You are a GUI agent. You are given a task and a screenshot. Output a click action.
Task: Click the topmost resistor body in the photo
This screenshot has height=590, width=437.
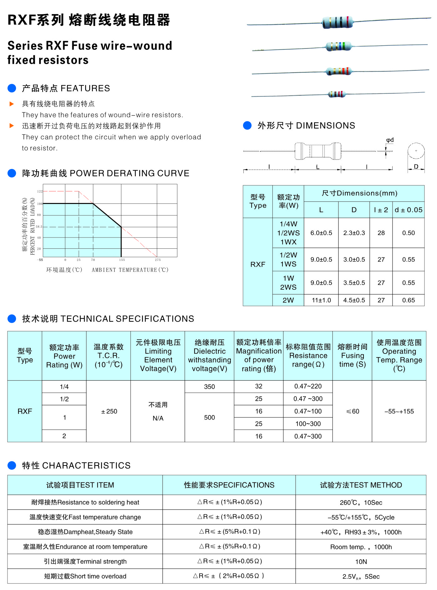(337, 23)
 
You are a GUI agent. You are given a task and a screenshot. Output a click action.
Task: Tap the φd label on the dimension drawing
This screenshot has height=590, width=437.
(390, 140)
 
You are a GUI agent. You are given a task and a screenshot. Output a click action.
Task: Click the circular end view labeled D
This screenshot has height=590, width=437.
(416, 151)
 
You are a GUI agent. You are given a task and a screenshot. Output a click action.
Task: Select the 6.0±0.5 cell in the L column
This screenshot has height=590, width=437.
(321, 233)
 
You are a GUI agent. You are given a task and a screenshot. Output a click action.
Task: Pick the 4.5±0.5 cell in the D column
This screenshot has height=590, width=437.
(354, 300)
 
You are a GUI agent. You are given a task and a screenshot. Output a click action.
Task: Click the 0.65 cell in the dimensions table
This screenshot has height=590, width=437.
(408, 300)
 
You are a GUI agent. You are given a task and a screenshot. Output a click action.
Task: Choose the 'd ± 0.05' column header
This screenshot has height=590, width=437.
(408, 210)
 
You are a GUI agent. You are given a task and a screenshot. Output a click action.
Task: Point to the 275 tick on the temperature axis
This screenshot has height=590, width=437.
(158, 260)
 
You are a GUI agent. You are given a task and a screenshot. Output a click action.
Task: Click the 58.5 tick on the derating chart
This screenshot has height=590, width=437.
(39, 227)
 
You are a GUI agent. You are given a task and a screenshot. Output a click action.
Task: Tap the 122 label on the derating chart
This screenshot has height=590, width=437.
(40, 191)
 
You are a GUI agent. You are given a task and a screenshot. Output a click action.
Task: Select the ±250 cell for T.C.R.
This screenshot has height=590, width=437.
(109, 411)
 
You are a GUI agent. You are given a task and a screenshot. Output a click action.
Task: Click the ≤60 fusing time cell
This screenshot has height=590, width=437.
(352, 411)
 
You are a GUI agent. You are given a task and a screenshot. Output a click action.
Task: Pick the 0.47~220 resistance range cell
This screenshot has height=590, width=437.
(308, 386)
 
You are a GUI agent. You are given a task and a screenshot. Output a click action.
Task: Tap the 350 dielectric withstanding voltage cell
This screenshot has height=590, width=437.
(209, 387)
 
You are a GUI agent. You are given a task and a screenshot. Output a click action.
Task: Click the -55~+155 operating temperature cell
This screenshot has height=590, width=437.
(399, 411)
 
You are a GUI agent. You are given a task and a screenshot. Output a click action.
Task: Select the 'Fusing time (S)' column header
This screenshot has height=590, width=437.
(352, 356)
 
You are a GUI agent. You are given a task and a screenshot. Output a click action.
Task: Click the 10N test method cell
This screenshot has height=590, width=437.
(361, 562)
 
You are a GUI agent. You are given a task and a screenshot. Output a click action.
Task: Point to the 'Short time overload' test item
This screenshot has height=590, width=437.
(85, 576)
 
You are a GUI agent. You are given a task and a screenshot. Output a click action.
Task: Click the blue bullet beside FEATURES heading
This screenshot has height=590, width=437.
(12, 88)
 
